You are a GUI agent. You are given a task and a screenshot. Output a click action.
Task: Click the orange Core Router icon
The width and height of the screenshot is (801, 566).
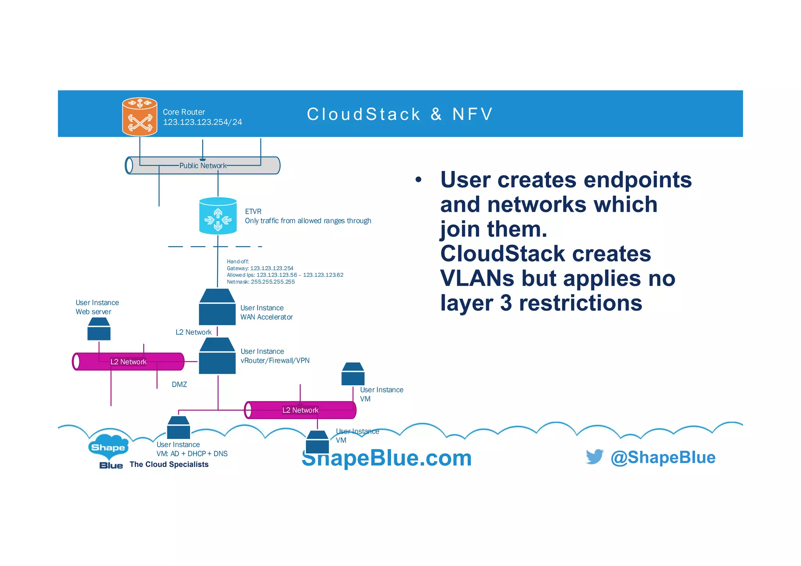click(140, 116)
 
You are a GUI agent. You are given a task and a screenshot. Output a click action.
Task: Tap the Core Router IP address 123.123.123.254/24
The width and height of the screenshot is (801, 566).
click(202, 122)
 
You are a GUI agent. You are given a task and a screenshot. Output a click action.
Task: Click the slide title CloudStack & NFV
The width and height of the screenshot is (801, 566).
click(400, 114)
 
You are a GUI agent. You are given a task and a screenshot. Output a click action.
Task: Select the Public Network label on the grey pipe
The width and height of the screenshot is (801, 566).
click(203, 166)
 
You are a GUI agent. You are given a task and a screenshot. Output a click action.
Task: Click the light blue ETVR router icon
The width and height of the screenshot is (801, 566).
click(218, 216)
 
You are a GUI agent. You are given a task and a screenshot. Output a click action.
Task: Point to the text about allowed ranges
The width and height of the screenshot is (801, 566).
click(308, 221)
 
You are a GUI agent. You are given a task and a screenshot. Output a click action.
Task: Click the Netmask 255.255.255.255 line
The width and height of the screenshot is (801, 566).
click(260, 282)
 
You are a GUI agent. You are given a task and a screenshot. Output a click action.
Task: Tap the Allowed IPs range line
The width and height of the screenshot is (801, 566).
click(285, 275)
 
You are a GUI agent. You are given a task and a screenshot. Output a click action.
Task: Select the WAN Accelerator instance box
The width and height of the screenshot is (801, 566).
click(217, 307)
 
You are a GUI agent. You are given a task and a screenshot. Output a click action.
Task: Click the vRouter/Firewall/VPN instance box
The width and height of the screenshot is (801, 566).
click(217, 356)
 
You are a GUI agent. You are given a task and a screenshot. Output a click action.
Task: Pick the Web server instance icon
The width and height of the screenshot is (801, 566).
click(99, 329)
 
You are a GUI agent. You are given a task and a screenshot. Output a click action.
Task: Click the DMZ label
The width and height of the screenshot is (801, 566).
click(179, 385)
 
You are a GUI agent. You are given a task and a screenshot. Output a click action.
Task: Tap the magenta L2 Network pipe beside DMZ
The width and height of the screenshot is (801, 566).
click(128, 362)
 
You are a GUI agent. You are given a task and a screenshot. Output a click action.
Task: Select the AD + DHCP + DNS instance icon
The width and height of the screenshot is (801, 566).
click(178, 428)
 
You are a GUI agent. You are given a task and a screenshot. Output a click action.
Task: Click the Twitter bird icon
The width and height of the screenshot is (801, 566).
click(594, 457)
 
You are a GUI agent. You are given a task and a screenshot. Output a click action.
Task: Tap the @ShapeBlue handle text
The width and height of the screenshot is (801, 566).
click(663, 457)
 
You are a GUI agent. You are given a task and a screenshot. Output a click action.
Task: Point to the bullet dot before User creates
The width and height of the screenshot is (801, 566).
click(418, 180)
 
